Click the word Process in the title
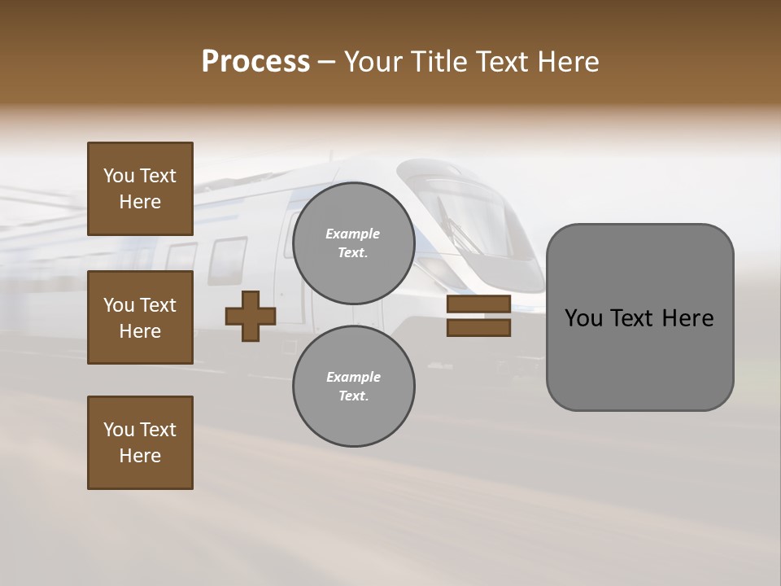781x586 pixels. [x=255, y=62]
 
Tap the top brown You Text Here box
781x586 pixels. [x=140, y=189]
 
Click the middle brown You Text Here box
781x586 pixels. [x=140, y=317]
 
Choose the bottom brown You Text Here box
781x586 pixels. [x=140, y=443]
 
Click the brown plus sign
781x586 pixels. [x=250, y=317]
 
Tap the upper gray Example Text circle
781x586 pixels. [x=353, y=243]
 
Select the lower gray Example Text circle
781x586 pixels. [x=353, y=387]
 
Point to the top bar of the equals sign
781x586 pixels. [x=478, y=304]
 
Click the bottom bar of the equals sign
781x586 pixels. [x=478, y=328]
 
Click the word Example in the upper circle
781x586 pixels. [x=353, y=234]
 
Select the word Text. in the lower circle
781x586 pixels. [x=353, y=396]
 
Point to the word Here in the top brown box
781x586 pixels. [x=140, y=202]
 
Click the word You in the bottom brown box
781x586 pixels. [x=119, y=430]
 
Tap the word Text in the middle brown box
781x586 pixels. [x=158, y=305]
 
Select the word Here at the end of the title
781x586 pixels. [x=569, y=62]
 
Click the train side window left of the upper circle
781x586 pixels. [x=228, y=259]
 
